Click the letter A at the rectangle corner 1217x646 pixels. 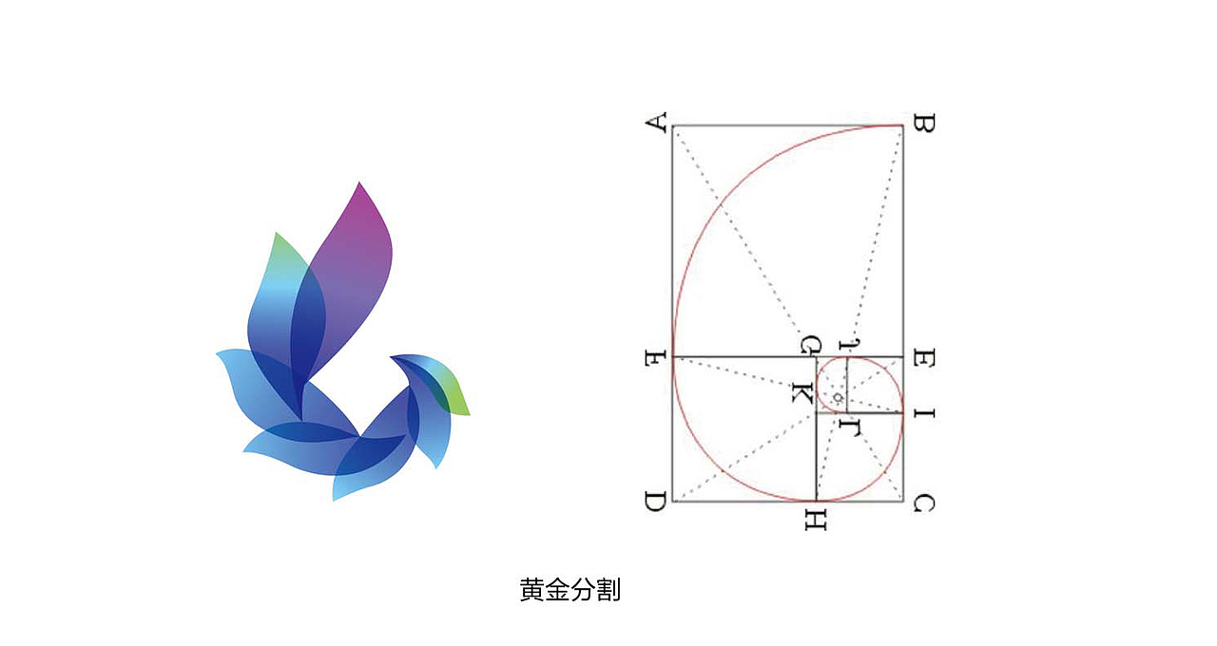pyautogui.click(x=655, y=123)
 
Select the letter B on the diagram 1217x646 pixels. pyautogui.click(x=923, y=123)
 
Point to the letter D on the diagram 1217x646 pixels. pyautogui.click(x=654, y=503)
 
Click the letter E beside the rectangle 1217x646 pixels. pyautogui.click(x=923, y=358)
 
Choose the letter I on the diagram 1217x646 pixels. pyautogui.click(x=923, y=413)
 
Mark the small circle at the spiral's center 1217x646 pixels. pyautogui.click(x=837, y=396)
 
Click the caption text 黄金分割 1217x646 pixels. pyautogui.click(x=570, y=590)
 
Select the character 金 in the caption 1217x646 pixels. pyautogui.click(x=558, y=590)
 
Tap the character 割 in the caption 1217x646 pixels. pyautogui.click(x=609, y=590)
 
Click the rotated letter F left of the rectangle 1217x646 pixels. pyautogui.click(x=654, y=359)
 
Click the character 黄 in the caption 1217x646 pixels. pyautogui.click(x=532, y=590)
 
